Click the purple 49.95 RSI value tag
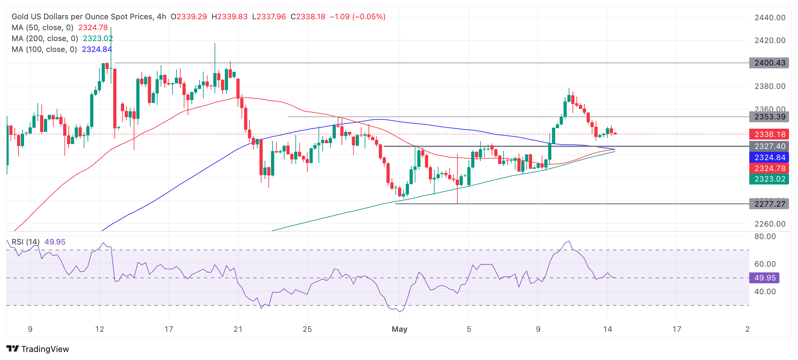(764, 278)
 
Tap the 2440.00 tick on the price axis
(770, 18)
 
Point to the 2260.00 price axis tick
(770, 224)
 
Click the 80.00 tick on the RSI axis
(765, 237)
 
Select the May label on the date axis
(399, 329)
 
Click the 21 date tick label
(238, 329)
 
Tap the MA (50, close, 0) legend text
(42, 28)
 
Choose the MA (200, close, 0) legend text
(45, 39)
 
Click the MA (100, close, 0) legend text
(44, 49)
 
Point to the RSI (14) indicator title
(26, 242)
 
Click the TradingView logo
(38, 349)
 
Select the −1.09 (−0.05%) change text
(358, 17)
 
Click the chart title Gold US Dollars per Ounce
(82, 17)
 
